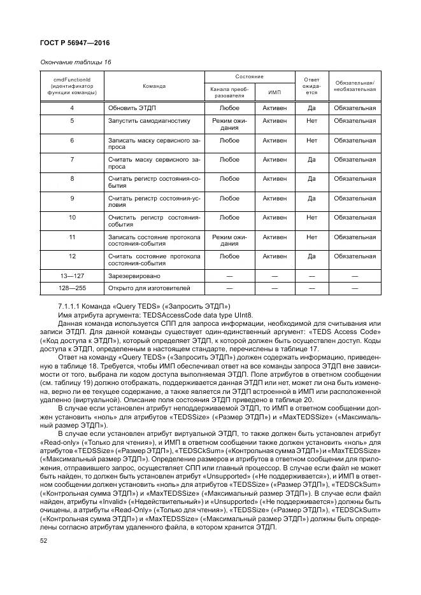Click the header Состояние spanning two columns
click(250, 76)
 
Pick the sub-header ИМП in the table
click(275, 92)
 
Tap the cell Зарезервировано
click(134, 276)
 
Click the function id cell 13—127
click(72, 276)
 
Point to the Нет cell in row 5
click(311, 120)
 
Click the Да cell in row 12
click(311, 256)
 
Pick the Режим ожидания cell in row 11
click(229, 241)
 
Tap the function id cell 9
click(72, 198)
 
